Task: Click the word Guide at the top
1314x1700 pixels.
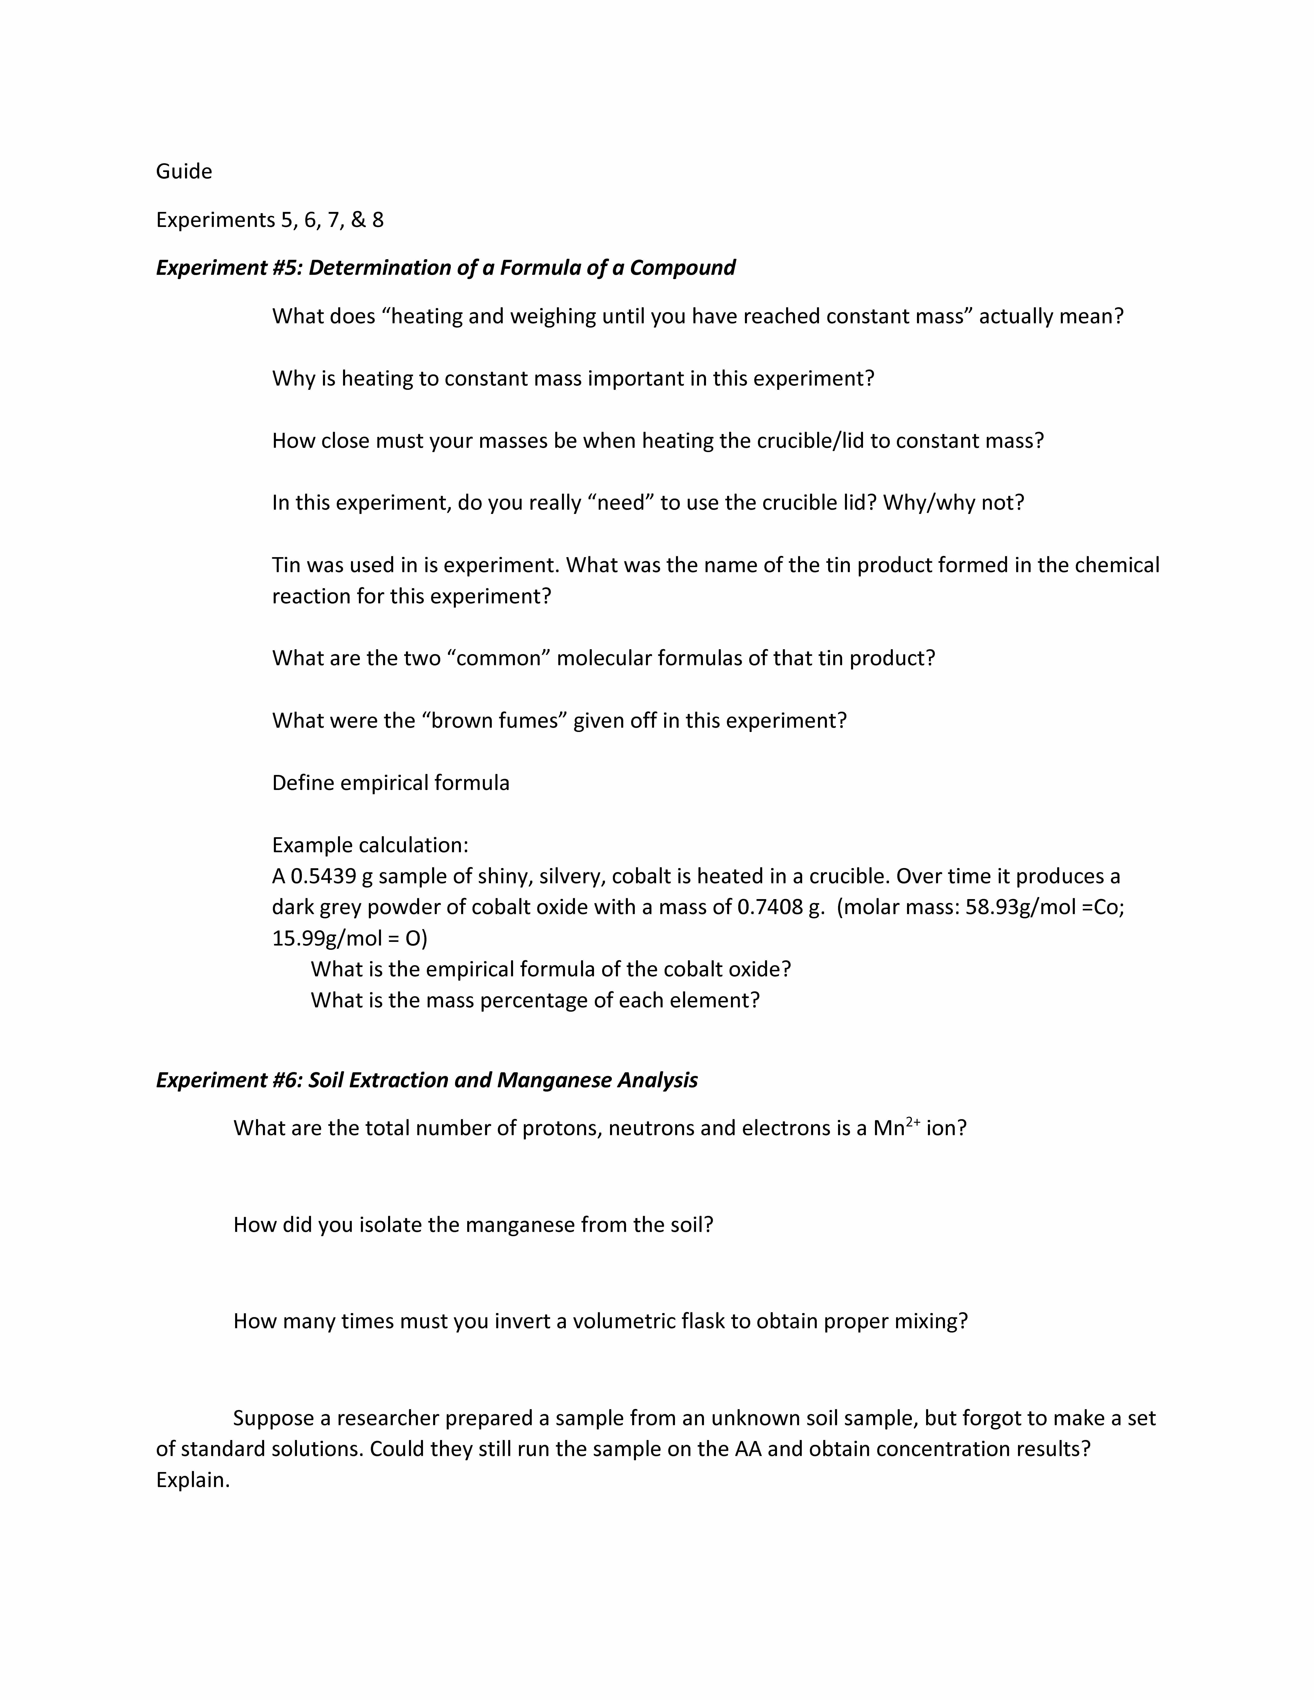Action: (x=184, y=171)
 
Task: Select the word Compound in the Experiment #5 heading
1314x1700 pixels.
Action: (x=682, y=268)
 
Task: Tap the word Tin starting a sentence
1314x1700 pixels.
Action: (x=288, y=565)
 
